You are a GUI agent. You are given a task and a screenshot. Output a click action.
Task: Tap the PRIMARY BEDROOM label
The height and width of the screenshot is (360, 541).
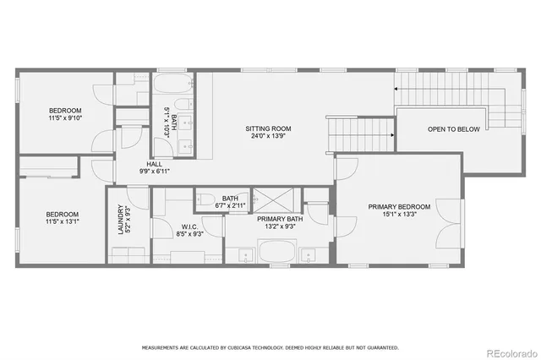pyautogui.click(x=399, y=206)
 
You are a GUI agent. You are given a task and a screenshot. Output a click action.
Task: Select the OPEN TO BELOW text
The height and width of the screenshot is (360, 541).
pyautogui.click(x=454, y=129)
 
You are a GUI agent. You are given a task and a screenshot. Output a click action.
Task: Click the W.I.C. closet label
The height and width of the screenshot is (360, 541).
pyautogui.click(x=189, y=226)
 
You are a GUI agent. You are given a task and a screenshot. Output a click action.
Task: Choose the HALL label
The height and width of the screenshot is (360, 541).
pyautogui.click(x=155, y=164)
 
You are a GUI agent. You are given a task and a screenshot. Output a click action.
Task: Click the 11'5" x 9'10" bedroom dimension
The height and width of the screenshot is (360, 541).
pyautogui.click(x=65, y=119)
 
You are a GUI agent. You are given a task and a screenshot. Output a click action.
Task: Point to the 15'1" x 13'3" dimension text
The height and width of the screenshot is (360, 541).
pyautogui.click(x=399, y=215)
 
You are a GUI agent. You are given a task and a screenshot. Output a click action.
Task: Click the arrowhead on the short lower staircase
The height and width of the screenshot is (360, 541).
pyautogui.click(x=392, y=133)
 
